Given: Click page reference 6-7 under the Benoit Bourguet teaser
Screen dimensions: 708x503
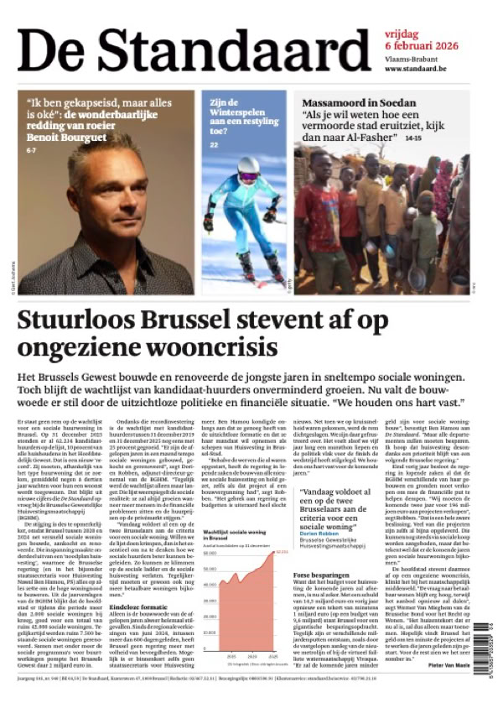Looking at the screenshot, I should point(32,149).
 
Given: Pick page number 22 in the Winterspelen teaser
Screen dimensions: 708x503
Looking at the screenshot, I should point(214,145).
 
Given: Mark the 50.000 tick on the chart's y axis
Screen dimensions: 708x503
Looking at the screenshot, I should point(210,553).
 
